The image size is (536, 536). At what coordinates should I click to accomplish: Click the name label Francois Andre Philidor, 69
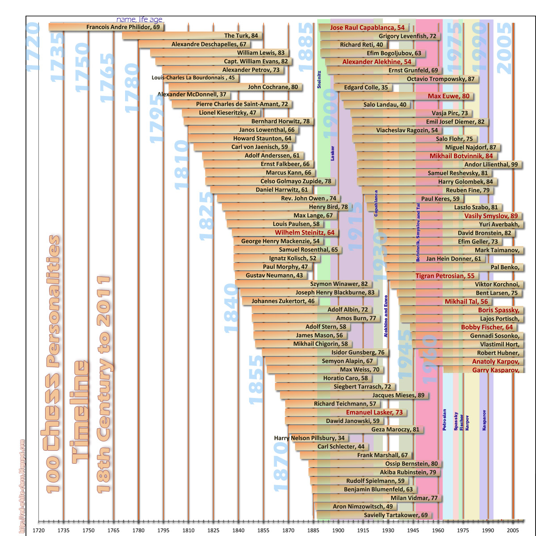[x=123, y=27]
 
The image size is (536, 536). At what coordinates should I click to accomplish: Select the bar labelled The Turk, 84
[x=241, y=36]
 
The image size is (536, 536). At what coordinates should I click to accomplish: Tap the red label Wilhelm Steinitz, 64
[x=304, y=233]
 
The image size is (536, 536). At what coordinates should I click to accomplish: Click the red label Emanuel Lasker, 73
[x=374, y=412]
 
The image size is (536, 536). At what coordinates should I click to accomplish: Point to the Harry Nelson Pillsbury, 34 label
[x=309, y=438]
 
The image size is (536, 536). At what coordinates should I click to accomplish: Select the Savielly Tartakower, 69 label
[x=395, y=515]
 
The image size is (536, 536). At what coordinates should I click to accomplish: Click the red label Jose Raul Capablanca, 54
[x=367, y=28]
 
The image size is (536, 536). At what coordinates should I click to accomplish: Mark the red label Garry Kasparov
[x=495, y=370]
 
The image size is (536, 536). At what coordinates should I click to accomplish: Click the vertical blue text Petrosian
[x=444, y=419]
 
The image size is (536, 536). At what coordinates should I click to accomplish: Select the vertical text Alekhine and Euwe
[x=386, y=316]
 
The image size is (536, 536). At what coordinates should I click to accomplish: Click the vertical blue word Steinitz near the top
[x=319, y=79]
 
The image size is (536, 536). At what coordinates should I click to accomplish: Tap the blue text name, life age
[x=139, y=20]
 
